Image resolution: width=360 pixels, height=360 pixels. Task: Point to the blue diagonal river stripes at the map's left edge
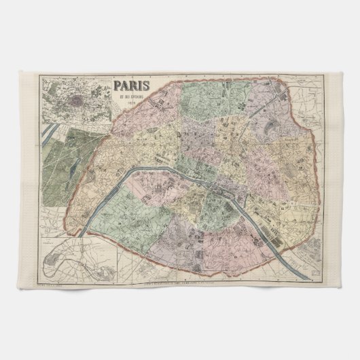tap(46, 136)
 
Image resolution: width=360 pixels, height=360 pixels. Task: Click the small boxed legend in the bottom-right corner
tap(310, 271)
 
